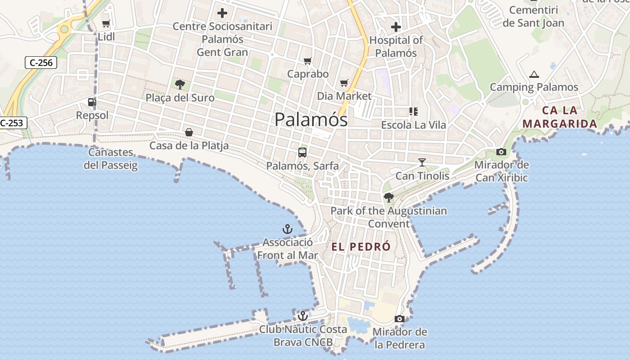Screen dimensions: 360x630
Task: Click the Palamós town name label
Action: point(311,120)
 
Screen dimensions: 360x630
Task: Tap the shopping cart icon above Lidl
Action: point(106,24)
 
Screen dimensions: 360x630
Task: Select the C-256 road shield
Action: point(41,63)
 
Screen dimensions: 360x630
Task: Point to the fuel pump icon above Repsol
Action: point(92,102)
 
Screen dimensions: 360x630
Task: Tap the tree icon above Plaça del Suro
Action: point(180,84)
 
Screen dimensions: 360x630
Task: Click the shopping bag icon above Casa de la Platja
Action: point(189,132)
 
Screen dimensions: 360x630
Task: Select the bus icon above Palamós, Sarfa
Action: point(302,152)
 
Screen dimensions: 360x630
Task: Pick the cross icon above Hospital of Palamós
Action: point(396,27)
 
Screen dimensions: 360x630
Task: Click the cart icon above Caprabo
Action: point(308,61)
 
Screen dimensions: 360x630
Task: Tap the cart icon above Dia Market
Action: point(344,83)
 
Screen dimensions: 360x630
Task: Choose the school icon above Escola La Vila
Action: point(413,112)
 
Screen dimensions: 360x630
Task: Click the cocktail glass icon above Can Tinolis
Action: point(422,162)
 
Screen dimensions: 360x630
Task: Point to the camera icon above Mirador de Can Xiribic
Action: point(501,152)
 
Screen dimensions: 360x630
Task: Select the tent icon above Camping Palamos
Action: point(534,74)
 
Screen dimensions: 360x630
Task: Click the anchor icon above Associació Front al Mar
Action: point(287,229)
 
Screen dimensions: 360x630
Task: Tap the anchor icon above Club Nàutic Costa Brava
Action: point(302,316)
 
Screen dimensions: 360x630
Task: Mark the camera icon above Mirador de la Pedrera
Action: point(399,319)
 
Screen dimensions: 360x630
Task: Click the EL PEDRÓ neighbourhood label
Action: point(361,247)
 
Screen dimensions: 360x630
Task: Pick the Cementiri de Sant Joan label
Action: point(533,16)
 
